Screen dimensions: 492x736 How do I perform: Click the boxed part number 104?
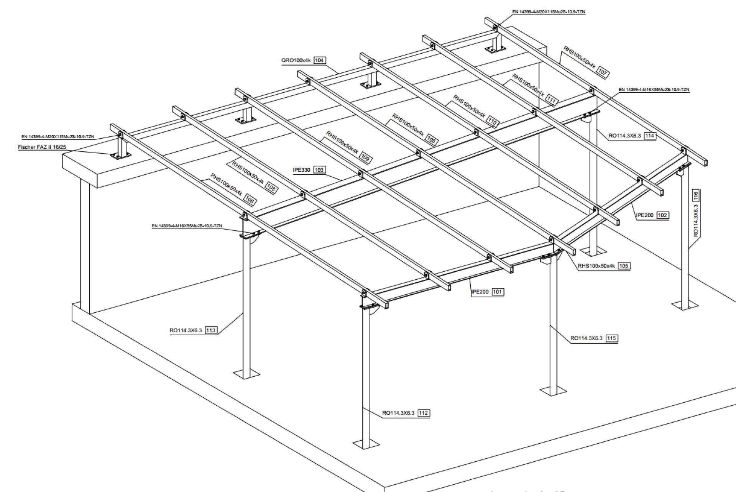(320, 60)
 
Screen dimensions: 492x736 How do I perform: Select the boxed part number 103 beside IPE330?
(319, 170)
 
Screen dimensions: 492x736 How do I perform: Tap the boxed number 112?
(423, 413)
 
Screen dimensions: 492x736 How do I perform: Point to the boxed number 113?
(211, 330)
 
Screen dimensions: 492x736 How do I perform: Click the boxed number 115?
(611, 338)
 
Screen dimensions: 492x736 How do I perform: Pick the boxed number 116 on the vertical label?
(695, 196)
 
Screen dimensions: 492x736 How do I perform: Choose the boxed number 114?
(649, 136)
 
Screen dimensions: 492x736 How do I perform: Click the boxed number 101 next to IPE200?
(497, 292)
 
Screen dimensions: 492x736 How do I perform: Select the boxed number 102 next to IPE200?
(662, 215)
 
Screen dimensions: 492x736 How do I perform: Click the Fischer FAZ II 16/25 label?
(42, 147)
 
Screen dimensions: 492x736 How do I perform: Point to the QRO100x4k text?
(296, 60)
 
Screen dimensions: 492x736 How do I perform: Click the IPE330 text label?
(301, 170)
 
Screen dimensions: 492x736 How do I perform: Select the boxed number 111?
(551, 100)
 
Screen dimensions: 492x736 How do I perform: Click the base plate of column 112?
(366, 444)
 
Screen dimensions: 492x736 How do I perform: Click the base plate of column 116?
(685, 305)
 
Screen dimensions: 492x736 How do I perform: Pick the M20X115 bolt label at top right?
(549, 12)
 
